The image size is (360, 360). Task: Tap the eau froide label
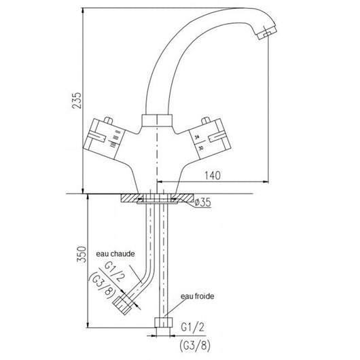click(196, 296)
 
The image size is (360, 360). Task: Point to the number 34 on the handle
click(197, 138)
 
